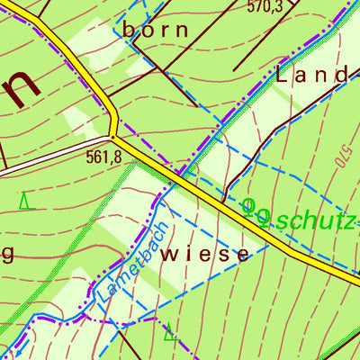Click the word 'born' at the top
[156, 30]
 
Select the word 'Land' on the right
[310, 76]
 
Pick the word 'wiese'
[203, 255]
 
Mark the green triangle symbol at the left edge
[25, 202]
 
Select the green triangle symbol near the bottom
[169, 335]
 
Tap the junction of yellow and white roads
[112, 137]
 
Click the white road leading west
[54, 153]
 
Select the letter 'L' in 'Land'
[282, 76]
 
